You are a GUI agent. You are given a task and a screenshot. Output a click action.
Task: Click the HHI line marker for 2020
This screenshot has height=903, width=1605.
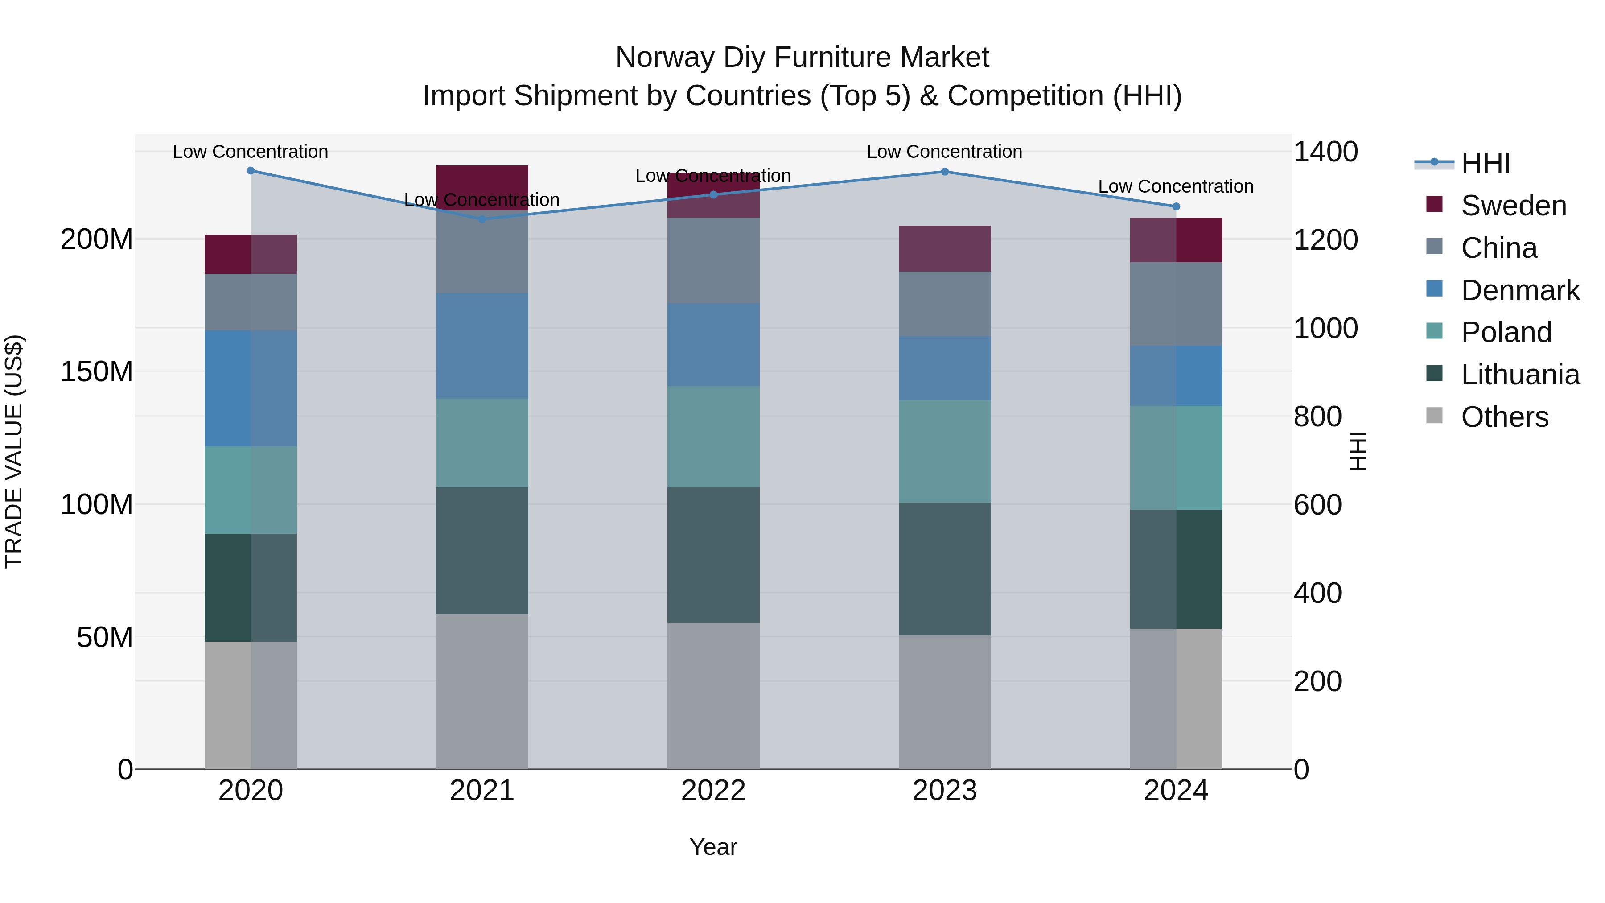[x=251, y=171]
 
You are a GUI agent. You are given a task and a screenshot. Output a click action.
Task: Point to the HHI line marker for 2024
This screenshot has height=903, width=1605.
[x=1176, y=206]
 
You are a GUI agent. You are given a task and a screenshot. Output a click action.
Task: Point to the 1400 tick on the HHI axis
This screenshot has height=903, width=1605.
[x=1326, y=152]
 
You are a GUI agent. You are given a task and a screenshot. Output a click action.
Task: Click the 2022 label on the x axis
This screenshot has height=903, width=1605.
[x=713, y=791]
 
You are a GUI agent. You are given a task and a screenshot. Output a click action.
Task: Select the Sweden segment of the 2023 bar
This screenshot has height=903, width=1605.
[x=945, y=249]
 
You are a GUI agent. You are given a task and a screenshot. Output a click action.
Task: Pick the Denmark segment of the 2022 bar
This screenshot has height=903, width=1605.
[x=713, y=345]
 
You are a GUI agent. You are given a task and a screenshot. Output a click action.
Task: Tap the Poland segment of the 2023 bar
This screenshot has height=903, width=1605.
[x=945, y=451]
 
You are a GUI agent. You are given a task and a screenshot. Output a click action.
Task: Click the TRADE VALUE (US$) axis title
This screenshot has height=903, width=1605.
[x=14, y=451]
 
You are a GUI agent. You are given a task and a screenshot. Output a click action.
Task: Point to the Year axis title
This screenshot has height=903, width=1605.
[x=713, y=847]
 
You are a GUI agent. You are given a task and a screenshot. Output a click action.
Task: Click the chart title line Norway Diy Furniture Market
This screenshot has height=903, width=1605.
[x=802, y=58]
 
